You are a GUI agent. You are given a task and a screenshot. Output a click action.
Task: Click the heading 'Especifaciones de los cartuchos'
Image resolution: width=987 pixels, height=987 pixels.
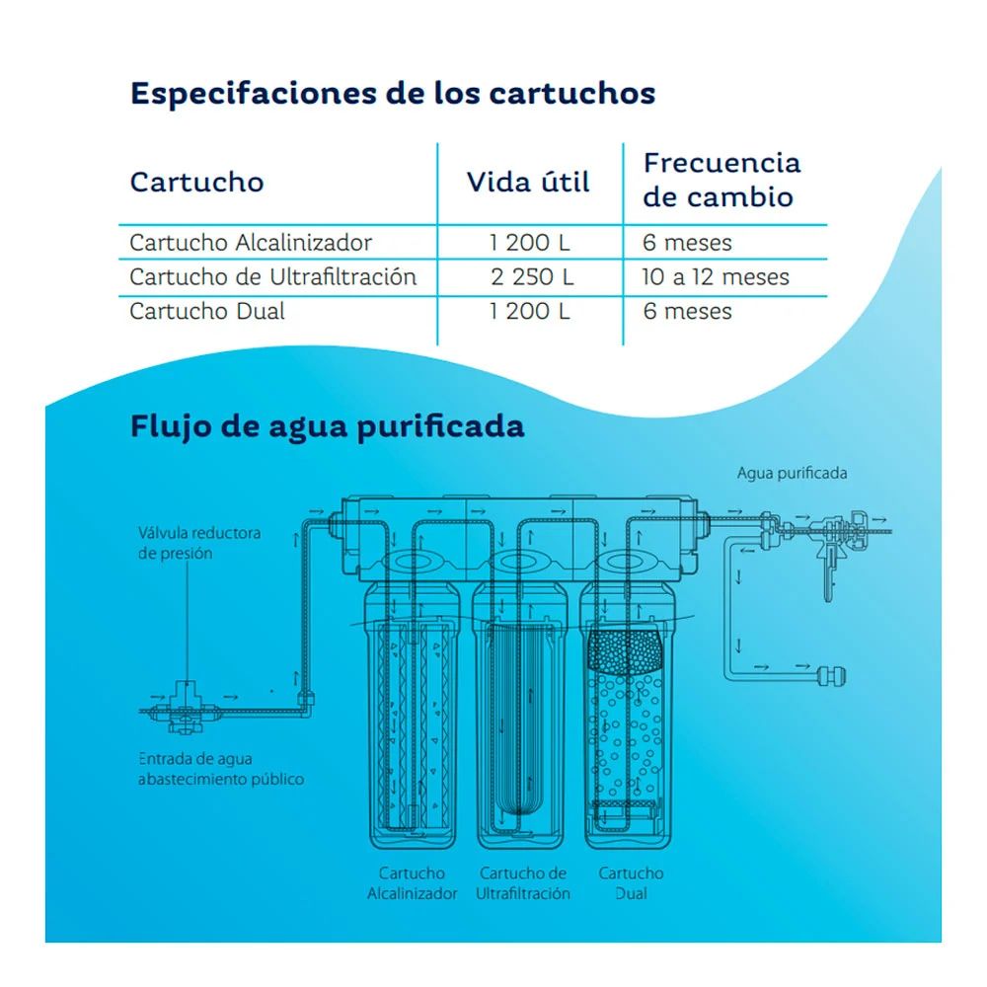tap(393, 94)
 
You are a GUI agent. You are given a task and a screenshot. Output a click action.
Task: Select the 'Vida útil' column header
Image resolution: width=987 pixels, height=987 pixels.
tap(528, 183)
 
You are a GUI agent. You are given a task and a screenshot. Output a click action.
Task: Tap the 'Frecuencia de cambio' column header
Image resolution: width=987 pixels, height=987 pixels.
tap(721, 180)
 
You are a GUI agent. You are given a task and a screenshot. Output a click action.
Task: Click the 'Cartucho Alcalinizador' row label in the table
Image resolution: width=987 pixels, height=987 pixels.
tap(251, 243)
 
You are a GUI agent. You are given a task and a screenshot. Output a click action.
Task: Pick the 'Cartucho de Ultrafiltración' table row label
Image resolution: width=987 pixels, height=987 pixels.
tap(272, 277)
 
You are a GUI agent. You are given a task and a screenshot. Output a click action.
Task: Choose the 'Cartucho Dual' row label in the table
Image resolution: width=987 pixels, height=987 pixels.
tap(207, 312)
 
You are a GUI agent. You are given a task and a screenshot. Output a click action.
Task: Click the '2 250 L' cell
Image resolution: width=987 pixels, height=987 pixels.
tap(531, 277)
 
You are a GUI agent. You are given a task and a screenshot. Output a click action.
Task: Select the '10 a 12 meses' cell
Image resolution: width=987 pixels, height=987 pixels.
tap(716, 277)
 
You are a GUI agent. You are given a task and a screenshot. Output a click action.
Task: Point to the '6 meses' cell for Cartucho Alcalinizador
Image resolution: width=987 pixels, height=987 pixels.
tap(687, 243)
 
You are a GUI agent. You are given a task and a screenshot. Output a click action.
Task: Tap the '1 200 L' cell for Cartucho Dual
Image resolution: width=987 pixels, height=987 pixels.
tap(530, 312)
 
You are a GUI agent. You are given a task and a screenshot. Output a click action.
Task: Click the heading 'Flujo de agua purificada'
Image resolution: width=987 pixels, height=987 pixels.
tap(327, 427)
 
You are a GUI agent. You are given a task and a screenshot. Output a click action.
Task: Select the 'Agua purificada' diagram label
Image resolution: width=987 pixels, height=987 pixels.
tap(792, 473)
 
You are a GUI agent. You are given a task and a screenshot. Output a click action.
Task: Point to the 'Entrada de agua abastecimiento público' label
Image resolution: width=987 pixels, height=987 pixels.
tap(221, 769)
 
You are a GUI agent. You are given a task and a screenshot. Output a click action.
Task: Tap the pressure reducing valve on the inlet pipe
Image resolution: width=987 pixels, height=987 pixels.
tap(186, 704)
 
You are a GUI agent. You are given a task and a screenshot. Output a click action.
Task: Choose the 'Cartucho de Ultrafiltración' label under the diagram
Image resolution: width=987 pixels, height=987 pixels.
tap(523, 883)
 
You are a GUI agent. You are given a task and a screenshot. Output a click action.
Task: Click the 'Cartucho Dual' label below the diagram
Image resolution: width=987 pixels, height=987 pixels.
tap(631, 883)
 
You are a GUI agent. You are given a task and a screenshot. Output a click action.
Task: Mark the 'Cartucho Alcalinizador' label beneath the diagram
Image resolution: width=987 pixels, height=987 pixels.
tap(413, 883)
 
